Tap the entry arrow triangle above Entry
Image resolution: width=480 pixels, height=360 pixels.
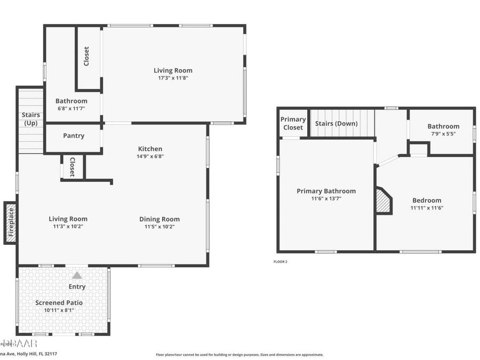(x=77, y=275)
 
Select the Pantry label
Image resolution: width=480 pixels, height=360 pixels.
(x=74, y=136)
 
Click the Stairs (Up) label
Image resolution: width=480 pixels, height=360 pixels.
(x=30, y=119)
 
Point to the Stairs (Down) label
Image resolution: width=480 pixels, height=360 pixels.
(x=336, y=124)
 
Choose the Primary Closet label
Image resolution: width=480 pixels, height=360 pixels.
(x=293, y=123)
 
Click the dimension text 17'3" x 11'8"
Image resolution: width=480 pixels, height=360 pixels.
(x=173, y=78)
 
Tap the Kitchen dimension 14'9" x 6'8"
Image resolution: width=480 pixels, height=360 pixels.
(x=150, y=156)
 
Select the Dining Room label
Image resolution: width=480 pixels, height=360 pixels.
(x=159, y=219)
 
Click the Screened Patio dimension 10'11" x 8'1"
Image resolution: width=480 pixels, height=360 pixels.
(x=59, y=310)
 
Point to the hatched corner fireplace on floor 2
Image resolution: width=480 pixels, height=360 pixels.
(x=383, y=201)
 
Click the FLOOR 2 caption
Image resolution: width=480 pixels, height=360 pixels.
(x=280, y=262)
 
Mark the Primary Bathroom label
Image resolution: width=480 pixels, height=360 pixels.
(x=326, y=191)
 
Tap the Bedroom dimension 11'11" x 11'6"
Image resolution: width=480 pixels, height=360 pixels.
(x=427, y=208)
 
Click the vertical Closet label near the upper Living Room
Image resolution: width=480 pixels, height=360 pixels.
(x=86, y=57)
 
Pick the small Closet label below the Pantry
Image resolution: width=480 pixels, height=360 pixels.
(x=72, y=167)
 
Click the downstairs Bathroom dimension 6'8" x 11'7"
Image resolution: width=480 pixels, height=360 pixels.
(x=71, y=108)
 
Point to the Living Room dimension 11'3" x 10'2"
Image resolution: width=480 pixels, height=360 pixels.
(x=68, y=226)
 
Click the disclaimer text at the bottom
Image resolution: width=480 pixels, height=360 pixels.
(x=239, y=355)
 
